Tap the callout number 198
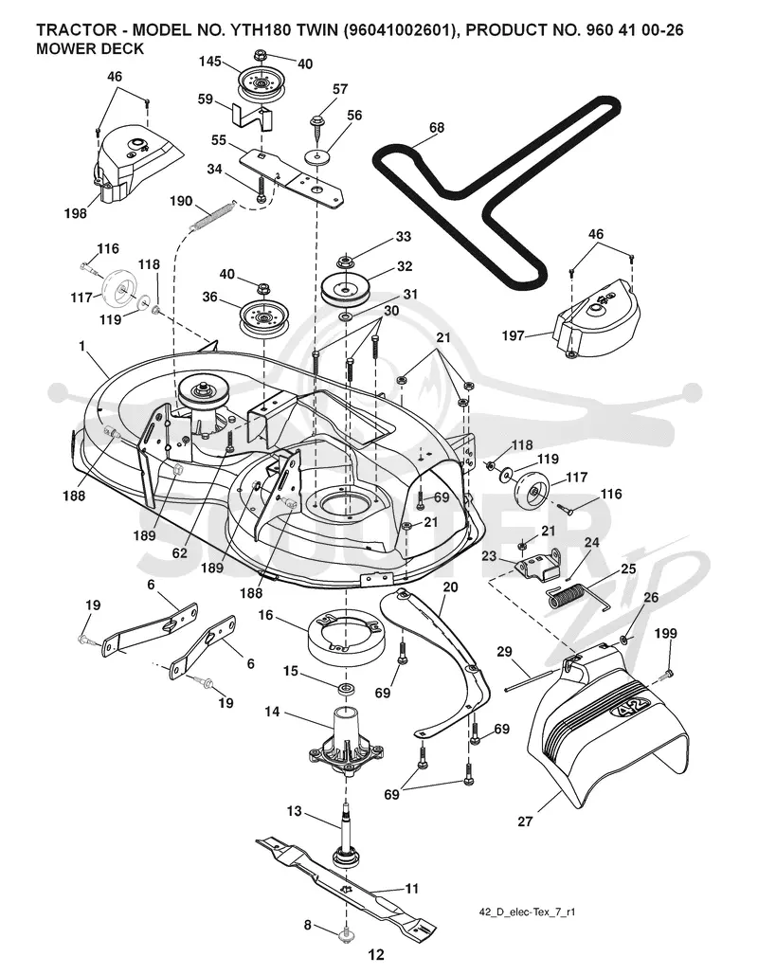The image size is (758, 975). click(75, 214)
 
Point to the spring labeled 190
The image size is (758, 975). click(209, 213)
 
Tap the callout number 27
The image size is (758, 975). click(526, 822)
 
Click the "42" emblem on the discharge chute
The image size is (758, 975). click(634, 708)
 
